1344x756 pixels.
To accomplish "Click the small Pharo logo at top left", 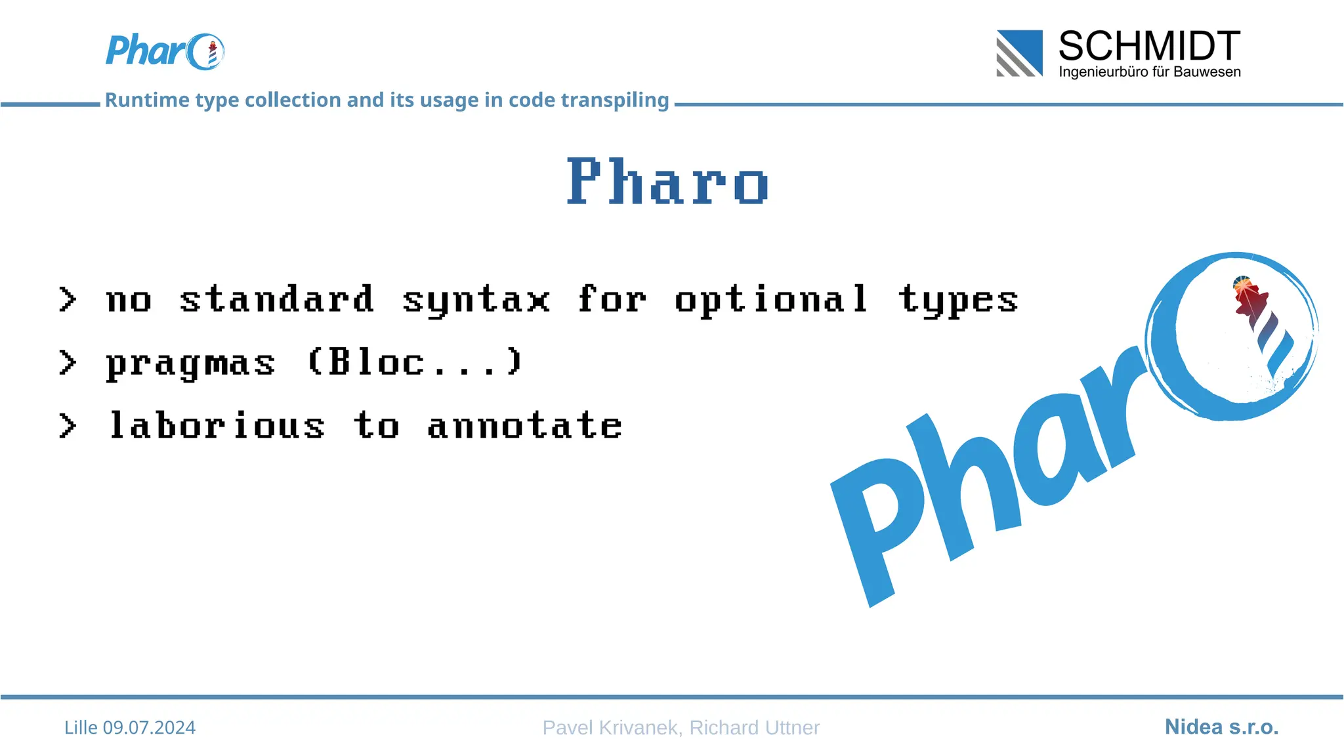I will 165,51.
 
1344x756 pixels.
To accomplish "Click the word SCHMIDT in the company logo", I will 1149,47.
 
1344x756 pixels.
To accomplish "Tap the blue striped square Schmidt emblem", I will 1019,53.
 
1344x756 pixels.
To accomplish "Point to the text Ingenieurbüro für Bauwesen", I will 1149,72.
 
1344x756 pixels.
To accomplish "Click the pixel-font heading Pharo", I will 667,182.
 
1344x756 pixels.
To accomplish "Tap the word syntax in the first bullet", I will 476,301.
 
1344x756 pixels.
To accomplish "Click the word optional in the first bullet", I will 771,301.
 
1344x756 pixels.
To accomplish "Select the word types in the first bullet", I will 957,301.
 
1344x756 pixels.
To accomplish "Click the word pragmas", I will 190,364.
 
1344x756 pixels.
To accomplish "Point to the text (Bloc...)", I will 415,362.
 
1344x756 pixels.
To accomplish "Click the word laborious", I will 217,425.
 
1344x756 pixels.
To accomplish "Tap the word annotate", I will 524,425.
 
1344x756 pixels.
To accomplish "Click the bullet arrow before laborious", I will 67,426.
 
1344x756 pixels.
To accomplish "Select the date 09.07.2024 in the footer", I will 149,728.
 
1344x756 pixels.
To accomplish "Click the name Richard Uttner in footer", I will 754,728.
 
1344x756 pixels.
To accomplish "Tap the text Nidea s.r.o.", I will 1221,727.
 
